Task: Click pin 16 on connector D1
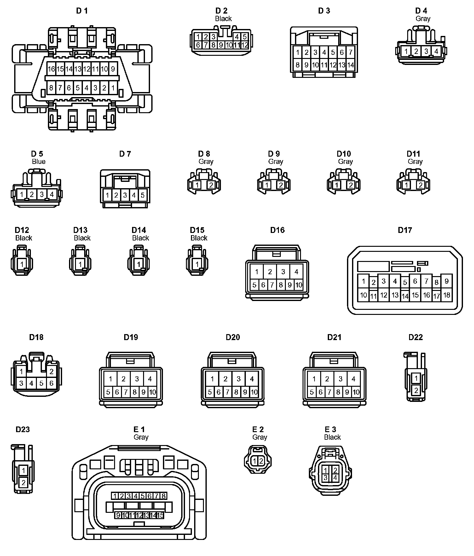click(51, 69)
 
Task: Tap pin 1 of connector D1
click(113, 88)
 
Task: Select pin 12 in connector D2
click(245, 45)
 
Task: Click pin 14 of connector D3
click(350, 65)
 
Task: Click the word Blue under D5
click(38, 161)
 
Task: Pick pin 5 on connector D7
click(142, 195)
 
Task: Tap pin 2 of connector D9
click(280, 185)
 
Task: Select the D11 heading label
click(413, 154)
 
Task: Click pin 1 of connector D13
click(80, 264)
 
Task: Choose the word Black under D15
click(199, 238)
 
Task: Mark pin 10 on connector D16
click(298, 285)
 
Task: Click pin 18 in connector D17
click(447, 295)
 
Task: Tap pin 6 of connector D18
click(51, 384)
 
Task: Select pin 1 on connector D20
click(212, 379)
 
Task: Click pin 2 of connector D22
click(416, 390)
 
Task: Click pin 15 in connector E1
click(160, 515)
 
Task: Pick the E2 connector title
click(258, 429)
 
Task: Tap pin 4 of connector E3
click(335, 478)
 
